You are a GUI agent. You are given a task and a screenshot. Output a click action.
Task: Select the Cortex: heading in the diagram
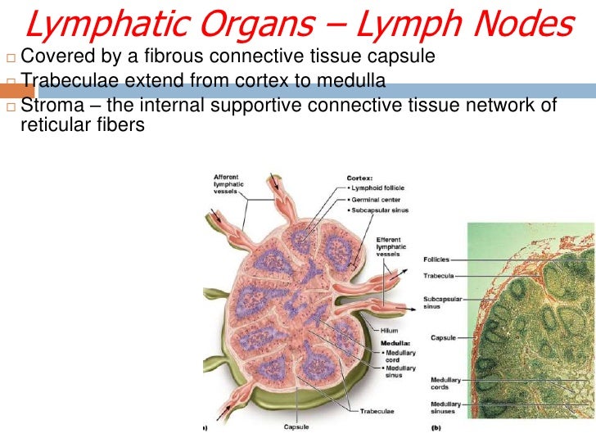click(x=359, y=176)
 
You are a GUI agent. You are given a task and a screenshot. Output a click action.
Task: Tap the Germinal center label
click(x=377, y=199)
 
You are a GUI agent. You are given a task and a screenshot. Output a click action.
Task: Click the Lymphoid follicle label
click(x=378, y=187)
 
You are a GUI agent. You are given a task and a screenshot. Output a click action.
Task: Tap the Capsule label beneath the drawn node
click(x=296, y=426)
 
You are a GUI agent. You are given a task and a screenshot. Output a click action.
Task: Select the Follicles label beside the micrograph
click(x=436, y=260)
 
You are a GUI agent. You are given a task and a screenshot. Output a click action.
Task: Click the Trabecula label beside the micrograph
click(x=439, y=274)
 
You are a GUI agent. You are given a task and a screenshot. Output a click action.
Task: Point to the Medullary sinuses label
click(x=445, y=407)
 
